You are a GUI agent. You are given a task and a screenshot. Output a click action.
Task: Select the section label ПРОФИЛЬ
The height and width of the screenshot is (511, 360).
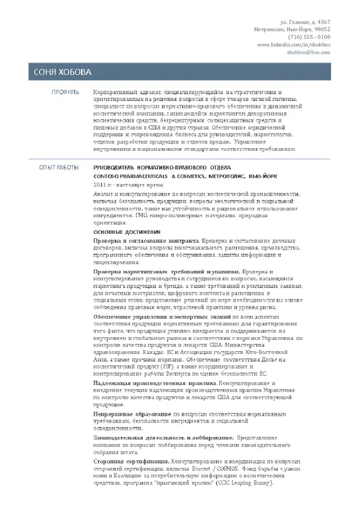click(65, 92)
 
